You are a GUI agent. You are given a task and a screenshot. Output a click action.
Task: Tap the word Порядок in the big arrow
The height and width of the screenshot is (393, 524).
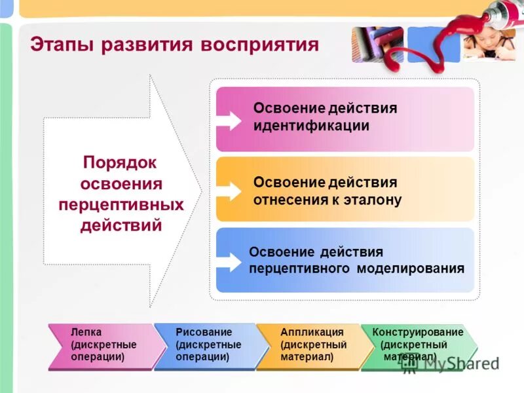(x=120, y=162)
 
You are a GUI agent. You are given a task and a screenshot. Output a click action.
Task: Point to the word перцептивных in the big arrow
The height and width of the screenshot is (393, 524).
(x=121, y=204)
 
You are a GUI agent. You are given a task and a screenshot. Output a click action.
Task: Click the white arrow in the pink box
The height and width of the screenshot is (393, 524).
(x=229, y=120)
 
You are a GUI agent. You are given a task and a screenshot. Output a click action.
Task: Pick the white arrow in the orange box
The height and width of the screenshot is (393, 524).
(x=229, y=191)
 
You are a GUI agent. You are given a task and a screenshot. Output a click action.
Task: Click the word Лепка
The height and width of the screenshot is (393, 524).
(x=86, y=332)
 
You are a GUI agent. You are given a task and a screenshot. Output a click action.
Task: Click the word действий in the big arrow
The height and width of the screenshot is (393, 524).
(x=121, y=226)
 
